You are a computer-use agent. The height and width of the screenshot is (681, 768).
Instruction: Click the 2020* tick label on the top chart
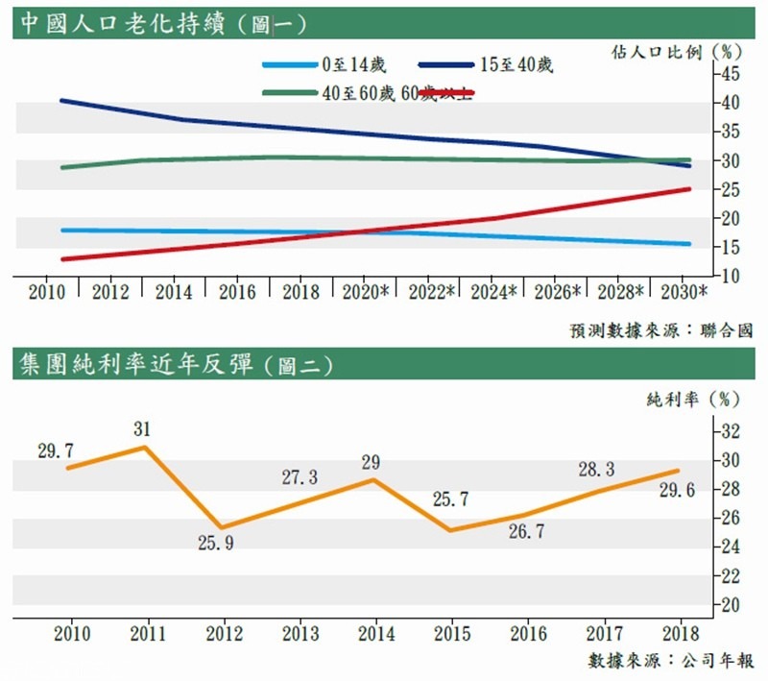[x=364, y=293]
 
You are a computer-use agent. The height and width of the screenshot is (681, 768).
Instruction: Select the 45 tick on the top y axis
[x=732, y=74]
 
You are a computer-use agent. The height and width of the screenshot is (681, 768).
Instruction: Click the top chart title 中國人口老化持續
[x=122, y=22]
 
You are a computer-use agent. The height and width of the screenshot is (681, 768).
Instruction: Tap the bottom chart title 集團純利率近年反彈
[x=135, y=364]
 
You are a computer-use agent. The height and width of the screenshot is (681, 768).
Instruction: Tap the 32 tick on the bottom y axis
[x=732, y=430]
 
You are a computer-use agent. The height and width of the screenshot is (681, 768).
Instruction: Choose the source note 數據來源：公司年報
[x=671, y=661]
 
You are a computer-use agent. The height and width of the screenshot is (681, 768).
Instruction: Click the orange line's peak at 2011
[x=144, y=447]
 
